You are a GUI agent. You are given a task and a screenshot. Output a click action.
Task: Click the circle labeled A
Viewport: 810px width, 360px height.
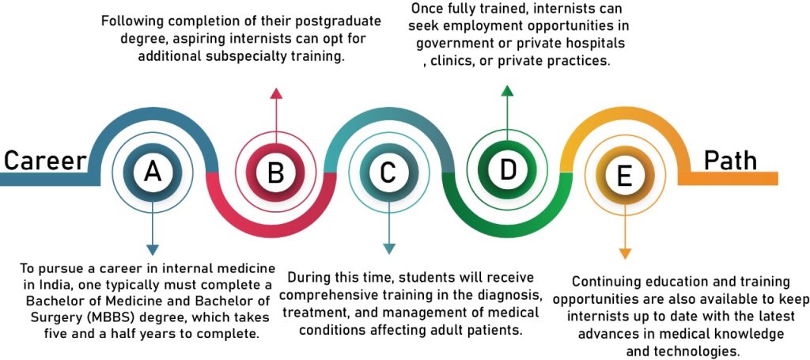coord(153,172)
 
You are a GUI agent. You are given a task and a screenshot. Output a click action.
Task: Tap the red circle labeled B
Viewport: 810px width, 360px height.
coord(275,172)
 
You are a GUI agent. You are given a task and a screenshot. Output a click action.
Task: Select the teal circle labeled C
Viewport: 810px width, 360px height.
coord(388,172)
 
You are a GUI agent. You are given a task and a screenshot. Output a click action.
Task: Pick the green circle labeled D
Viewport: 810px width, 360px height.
coord(507,169)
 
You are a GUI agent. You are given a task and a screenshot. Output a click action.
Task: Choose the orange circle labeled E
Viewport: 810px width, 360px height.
coord(625,176)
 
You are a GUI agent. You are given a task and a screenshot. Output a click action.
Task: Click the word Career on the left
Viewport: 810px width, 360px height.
coord(45,161)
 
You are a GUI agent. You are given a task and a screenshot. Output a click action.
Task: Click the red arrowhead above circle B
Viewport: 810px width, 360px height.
coord(276,93)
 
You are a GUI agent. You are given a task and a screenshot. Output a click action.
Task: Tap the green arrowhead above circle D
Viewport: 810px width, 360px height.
coord(507,91)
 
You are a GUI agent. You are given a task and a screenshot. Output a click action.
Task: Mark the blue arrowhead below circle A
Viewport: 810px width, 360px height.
coord(153,249)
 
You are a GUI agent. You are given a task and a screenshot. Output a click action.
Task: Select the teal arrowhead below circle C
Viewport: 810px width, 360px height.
coord(389,248)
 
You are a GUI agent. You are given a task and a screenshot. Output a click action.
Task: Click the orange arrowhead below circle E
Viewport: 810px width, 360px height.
coord(625,253)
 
